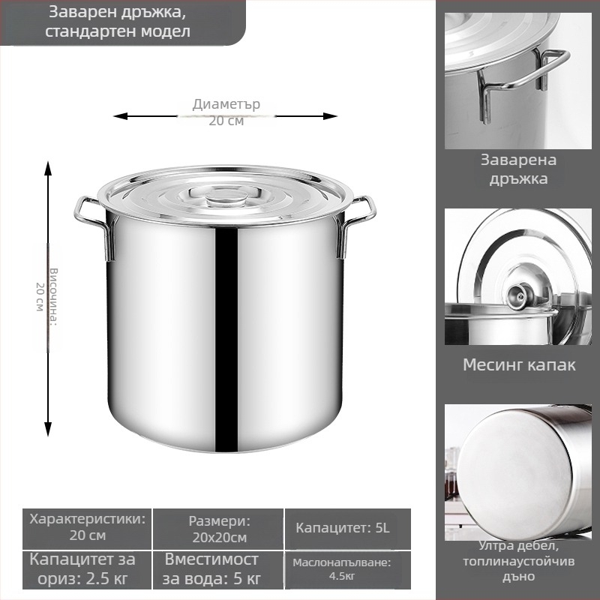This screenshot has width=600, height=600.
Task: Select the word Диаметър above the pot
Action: click(x=226, y=104)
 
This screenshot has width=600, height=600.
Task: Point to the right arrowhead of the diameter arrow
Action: click(x=330, y=116)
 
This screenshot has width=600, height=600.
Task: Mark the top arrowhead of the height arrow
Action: click(x=48, y=168)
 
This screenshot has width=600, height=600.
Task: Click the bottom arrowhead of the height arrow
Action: click(x=48, y=429)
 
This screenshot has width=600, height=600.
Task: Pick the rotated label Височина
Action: click(x=53, y=296)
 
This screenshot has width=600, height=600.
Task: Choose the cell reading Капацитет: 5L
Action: click(x=348, y=529)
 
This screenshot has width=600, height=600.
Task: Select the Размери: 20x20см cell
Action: click(x=218, y=529)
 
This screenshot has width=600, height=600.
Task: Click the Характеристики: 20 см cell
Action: click(x=87, y=529)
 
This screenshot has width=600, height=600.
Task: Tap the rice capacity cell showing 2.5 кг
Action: click(x=87, y=570)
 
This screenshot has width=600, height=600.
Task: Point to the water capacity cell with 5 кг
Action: click(x=218, y=570)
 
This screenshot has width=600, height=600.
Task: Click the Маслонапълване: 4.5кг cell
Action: click(x=348, y=570)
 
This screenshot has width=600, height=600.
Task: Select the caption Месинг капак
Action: click(x=519, y=364)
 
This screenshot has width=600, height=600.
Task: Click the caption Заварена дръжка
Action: click(x=518, y=169)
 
